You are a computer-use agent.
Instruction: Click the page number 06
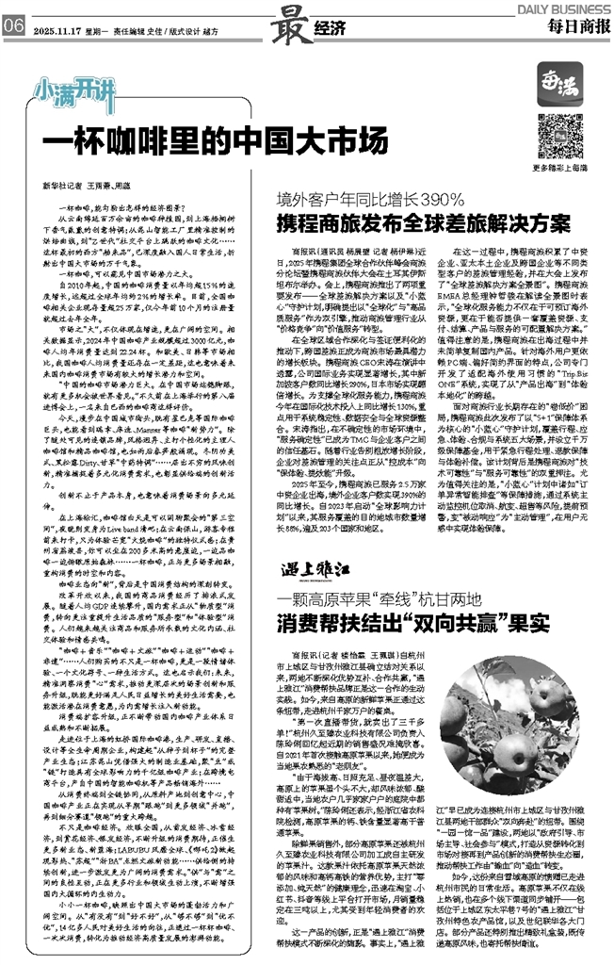point(13,28)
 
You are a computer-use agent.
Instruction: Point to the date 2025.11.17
point(57,29)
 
